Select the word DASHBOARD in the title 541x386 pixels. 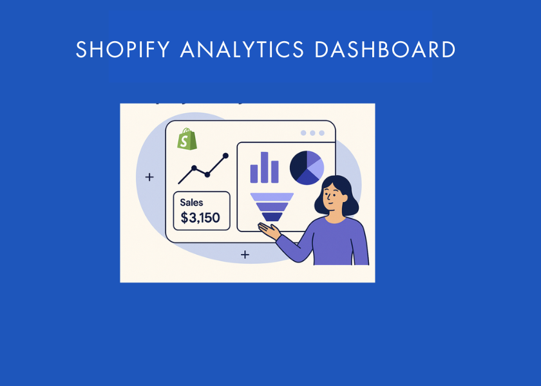pyautogui.click(x=385, y=50)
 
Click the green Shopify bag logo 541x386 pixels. pyautogui.click(x=187, y=140)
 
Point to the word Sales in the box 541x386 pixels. pyautogui.click(x=191, y=203)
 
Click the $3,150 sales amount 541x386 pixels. pyautogui.click(x=200, y=218)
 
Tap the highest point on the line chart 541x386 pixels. pyautogui.click(x=225, y=155)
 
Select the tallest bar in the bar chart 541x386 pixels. pyautogui.click(x=264, y=167)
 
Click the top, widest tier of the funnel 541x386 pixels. pyautogui.click(x=272, y=197)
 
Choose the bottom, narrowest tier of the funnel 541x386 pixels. pyautogui.click(x=272, y=217)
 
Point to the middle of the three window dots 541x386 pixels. pyautogui.click(x=312, y=133)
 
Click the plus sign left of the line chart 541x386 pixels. pyautogui.click(x=149, y=177)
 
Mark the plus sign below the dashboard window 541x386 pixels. pyautogui.click(x=245, y=255)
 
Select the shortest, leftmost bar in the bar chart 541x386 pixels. pyautogui.click(x=254, y=173)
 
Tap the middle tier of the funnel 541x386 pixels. pyautogui.click(x=272, y=207)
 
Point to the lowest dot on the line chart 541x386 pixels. pyautogui.click(x=207, y=174)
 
